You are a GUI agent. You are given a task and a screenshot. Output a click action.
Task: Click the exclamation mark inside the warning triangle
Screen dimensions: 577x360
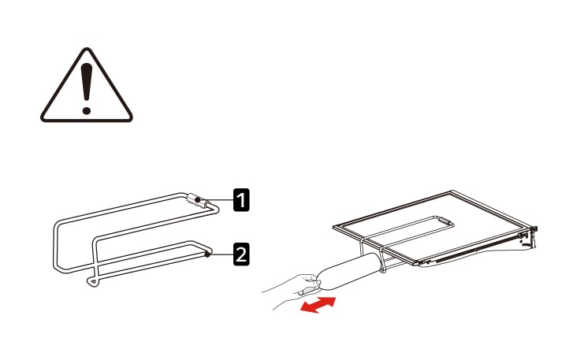(x=87, y=88)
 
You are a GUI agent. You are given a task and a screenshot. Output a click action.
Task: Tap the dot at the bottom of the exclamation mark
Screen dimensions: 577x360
(x=87, y=110)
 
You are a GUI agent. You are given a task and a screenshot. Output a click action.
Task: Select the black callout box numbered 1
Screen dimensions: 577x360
(x=241, y=199)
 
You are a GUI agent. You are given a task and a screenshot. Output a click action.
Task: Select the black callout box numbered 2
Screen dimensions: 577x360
(x=241, y=254)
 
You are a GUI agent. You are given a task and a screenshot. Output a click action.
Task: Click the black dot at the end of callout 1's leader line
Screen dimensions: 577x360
(x=198, y=199)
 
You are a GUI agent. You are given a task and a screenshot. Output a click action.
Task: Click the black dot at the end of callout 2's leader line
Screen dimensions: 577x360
(x=207, y=254)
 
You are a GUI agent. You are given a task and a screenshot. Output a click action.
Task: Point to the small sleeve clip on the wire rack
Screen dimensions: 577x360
(x=198, y=201)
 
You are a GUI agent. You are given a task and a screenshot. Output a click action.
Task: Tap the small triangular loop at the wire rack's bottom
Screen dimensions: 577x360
(x=93, y=282)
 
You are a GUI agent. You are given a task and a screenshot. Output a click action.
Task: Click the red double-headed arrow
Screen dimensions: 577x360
(x=318, y=305)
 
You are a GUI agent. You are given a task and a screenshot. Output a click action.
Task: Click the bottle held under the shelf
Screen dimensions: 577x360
(x=348, y=272)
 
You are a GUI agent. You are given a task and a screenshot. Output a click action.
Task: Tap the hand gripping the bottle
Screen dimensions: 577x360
(x=294, y=291)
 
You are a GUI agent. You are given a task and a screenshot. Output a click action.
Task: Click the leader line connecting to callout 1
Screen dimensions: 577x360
(x=217, y=199)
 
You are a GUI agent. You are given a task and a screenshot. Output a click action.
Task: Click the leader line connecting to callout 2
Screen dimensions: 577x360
(x=221, y=254)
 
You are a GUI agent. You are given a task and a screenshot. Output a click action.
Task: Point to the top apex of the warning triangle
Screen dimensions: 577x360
(x=87, y=48)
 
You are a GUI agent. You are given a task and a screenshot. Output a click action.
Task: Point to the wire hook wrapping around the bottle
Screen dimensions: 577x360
(x=383, y=259)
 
